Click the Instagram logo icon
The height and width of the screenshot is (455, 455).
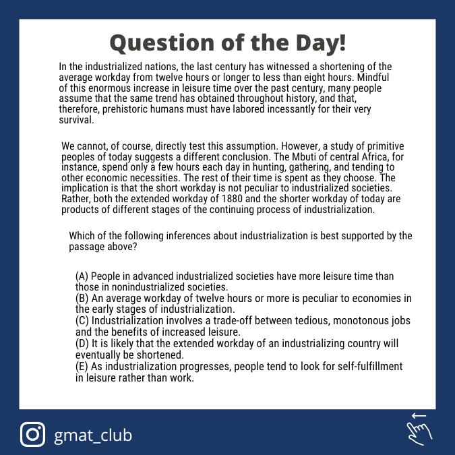click(33, 434)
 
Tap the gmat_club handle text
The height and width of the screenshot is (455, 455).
click(93, 435)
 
